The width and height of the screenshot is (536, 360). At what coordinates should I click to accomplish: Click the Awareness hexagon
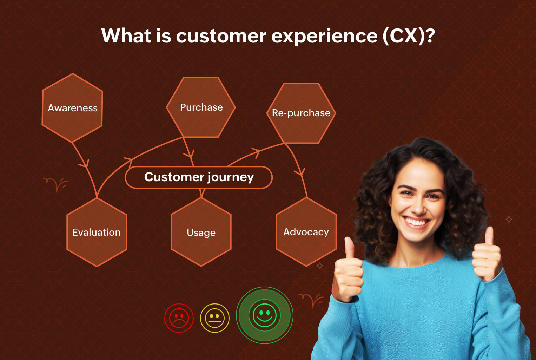pos(72,108)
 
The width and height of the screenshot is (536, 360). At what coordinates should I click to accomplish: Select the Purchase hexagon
pos(201,107)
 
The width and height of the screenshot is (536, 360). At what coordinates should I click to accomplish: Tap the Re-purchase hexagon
pos(301,113)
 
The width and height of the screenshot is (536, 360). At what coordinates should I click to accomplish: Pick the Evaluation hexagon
pos(97,232)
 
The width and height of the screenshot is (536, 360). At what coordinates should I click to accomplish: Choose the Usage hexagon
pos(201,232)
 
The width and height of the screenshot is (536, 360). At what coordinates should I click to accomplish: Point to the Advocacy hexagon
pos(306,232)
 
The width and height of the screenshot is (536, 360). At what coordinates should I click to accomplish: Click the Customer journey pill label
pos(199,177)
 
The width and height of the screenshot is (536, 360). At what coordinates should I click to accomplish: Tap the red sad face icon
pos(179,318)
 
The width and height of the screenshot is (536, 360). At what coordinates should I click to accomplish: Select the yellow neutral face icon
pos(214,318)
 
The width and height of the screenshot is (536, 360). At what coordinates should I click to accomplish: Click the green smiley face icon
pos(265,315)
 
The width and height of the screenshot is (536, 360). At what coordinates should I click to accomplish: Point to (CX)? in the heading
pos(409,36)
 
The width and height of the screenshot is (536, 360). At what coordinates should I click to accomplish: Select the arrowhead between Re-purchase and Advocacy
pos(300,172)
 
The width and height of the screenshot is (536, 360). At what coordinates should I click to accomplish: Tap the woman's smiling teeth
pos(417,222)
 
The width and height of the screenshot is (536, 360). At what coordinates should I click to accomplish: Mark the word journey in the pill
pos(231,177)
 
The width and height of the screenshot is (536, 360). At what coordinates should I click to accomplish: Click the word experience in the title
pos(324,36)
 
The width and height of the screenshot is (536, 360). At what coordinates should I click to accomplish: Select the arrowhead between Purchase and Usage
pos(189,154)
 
